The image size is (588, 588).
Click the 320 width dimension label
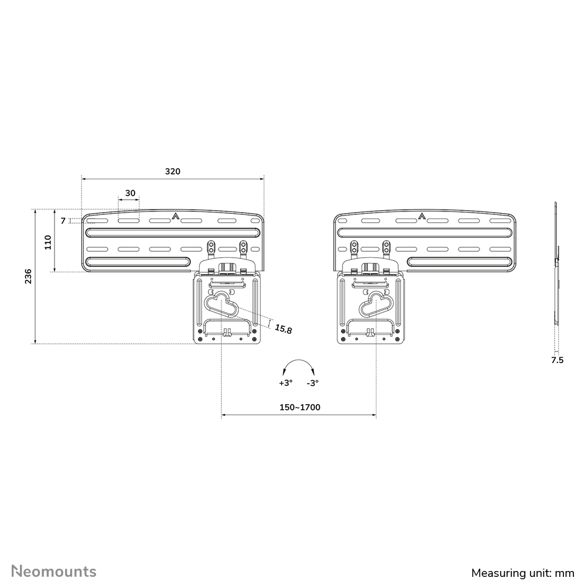click(172, 172)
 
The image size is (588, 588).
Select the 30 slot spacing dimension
click(130, 193)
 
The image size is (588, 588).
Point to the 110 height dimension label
click(48, 242)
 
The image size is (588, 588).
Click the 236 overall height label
click(28, 276)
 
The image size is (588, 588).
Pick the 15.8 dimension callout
click(283, 329)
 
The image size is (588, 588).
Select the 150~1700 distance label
click(299, 407)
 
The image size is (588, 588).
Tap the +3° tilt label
click(285, 383)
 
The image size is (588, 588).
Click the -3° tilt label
click(312, 383)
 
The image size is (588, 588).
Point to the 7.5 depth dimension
click(557, 360)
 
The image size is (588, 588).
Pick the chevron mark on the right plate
click(422, 217)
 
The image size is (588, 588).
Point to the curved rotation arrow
click(298, 367)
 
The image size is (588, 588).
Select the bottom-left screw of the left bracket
click(201, 339)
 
